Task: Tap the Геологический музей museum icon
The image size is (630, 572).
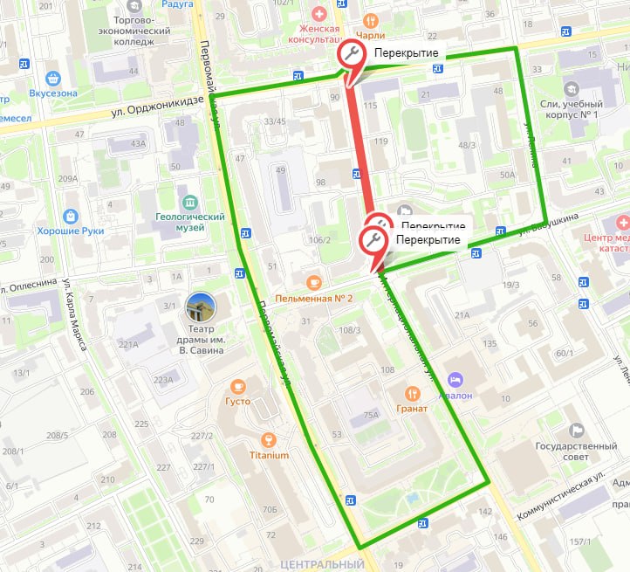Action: point(184,193)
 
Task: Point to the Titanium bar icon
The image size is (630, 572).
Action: point(269,438)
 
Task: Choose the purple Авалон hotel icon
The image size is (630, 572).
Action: point(454,379)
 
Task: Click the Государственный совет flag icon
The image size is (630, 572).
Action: point(576,430)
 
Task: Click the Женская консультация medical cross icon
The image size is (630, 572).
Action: point(318,15)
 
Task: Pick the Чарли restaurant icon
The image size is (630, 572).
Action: point(372,20)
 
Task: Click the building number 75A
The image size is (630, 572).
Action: point(371,416)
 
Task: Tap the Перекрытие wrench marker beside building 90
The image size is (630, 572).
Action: point(351,55)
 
